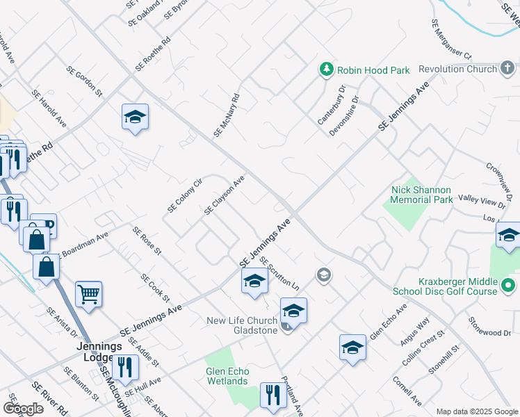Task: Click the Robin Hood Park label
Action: coord(373,70)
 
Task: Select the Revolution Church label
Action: coord(458,69)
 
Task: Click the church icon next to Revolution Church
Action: coord(508,68)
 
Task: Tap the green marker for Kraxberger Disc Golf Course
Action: coord(508,286)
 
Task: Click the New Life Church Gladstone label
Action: coord(241,325)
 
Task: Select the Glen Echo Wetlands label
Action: coord(227,376)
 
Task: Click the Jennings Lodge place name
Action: coord(100,352)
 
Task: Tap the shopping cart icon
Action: coord(88,294)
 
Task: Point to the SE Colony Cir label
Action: coord(184,196)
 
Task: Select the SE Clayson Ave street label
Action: coord(225,195)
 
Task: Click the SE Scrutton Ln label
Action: coord(280,273)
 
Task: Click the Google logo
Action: coord(23,408)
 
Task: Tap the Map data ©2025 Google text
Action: coord(476,411)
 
